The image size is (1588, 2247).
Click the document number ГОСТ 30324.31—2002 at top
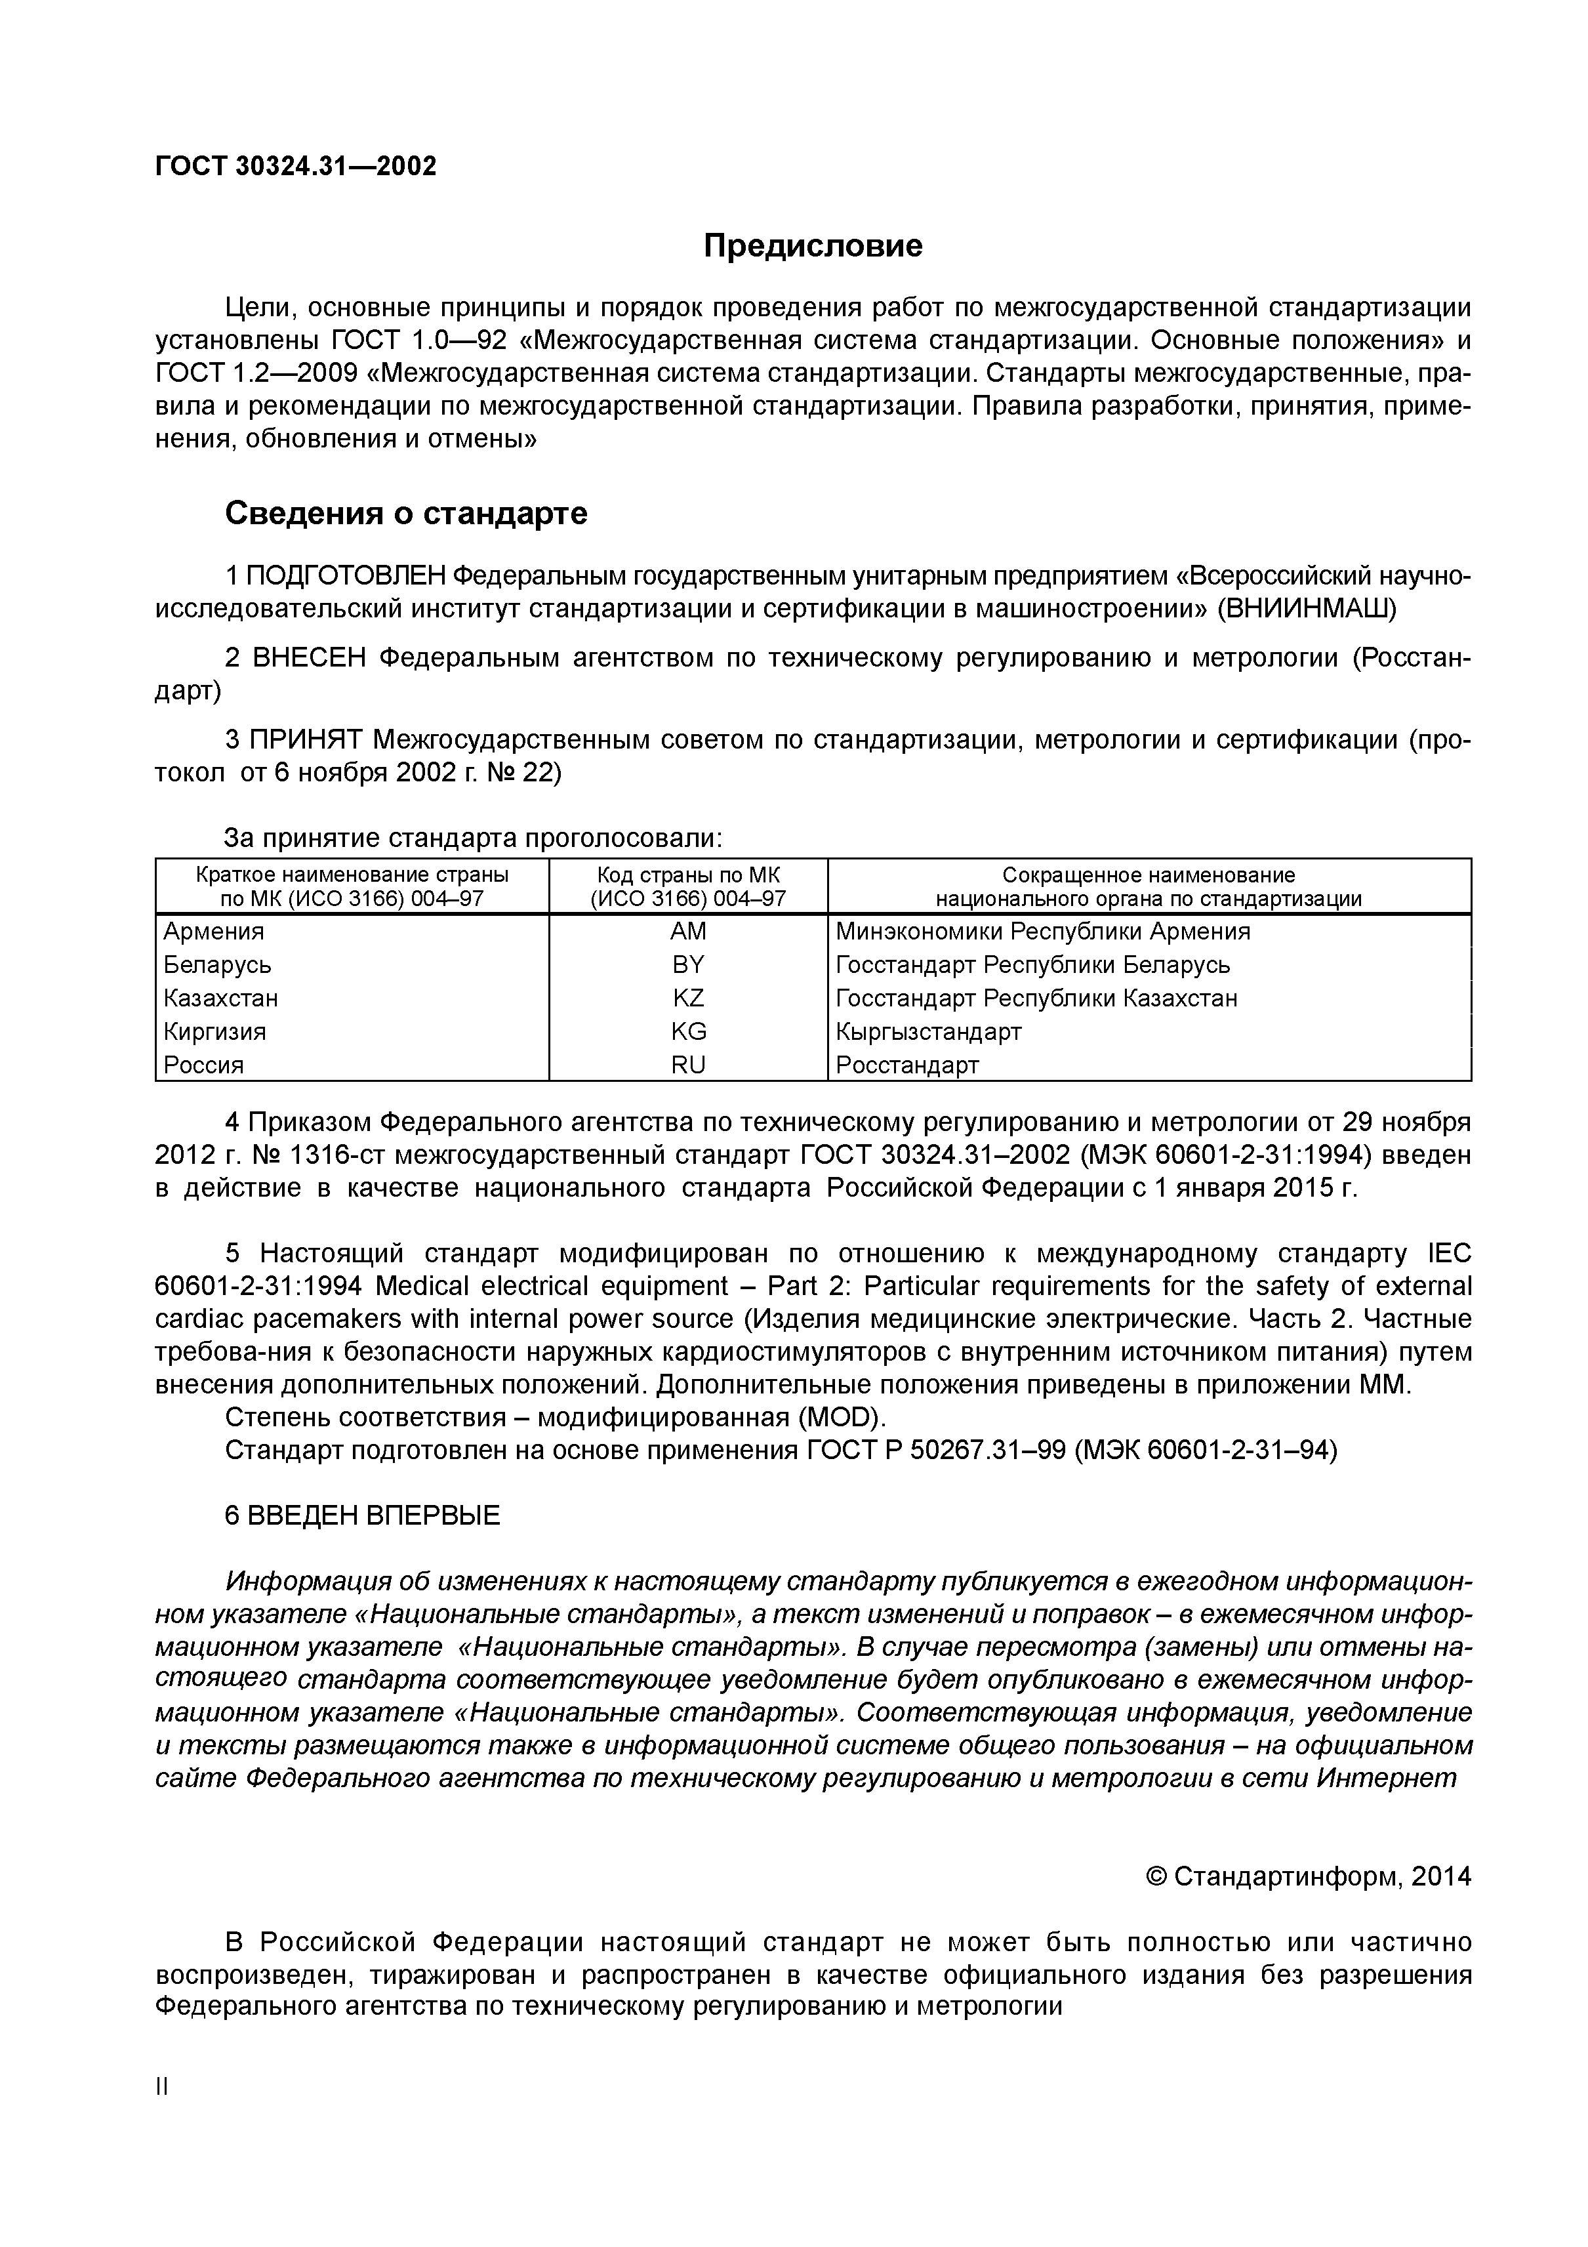click(x=295, y=167)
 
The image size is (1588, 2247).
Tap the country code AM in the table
click(x=688, y=931)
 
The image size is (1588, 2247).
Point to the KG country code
click(x=688, y=1031)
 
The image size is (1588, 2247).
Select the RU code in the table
click(x=688, y=1064)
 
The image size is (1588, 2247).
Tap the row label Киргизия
click(x=214, y=1031)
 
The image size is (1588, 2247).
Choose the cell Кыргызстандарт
click(x=929, y=1031)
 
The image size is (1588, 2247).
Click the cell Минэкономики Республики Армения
click(x=1042, y=931)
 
